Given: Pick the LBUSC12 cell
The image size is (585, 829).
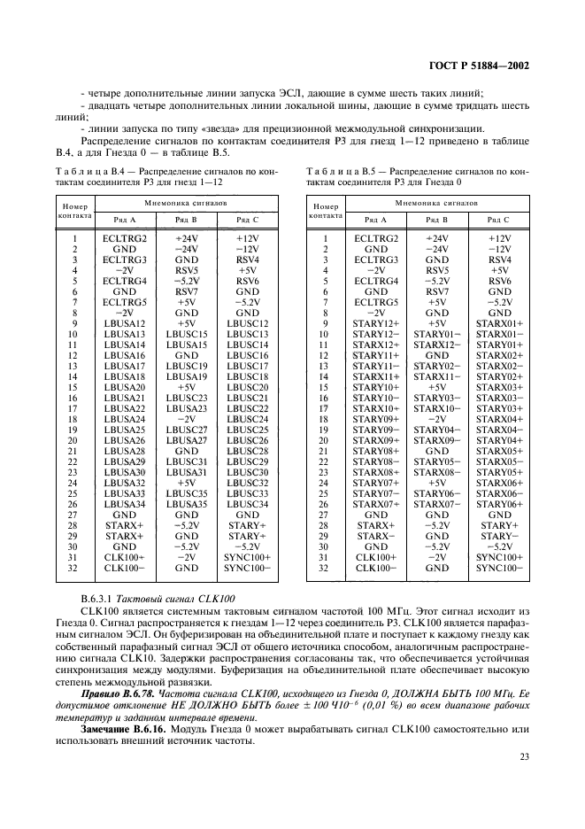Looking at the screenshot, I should pyautogui.click(x=247, y=323).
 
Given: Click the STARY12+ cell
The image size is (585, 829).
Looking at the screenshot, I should pyautogui.click(x=376, y=323).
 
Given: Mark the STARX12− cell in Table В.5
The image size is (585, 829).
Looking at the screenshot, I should pyautogui.click(x=437, y=345).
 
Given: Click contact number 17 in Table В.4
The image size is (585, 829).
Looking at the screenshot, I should pyautogui.click(x=74, y=408).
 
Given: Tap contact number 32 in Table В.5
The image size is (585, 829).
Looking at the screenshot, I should pyautogui.click(x=325, y=568).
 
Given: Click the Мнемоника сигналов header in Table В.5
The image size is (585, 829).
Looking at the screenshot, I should pyautogui.click(x=436, y=203).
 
